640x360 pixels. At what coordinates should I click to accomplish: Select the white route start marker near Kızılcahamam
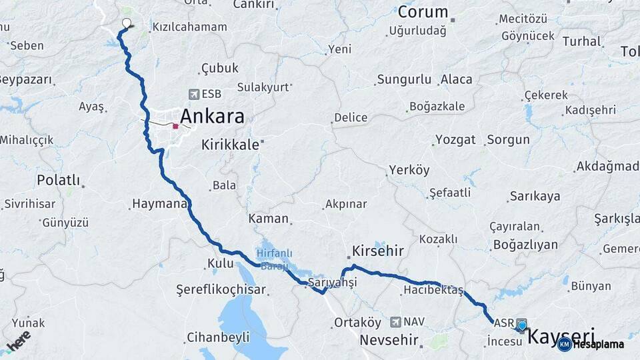click(x=127, y=23)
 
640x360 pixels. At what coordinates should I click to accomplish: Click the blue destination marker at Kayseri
click(x=521, y=325)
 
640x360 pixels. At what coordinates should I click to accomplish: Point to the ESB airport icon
click(x=194, y=94)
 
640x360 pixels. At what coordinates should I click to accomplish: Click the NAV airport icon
click(x=396, y=321)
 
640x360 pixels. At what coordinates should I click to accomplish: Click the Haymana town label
click(x=160, y=204)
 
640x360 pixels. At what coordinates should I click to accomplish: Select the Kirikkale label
click(x=230, y=145)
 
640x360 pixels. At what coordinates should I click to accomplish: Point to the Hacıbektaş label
click(x=433, y=290)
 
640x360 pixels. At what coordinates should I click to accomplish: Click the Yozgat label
click(x=455, y=140)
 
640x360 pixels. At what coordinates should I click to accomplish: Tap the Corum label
click(x=423, y=12)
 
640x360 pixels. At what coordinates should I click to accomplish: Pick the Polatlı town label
click(x=59, y=180)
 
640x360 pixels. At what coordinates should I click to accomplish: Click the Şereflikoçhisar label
click(x=221, y=289)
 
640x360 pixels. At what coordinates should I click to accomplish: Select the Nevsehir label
click(x=389, y=340)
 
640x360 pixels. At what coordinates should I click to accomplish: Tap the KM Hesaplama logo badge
click(x=591, y=344)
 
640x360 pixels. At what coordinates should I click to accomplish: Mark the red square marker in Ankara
click(x=175, y=125)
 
